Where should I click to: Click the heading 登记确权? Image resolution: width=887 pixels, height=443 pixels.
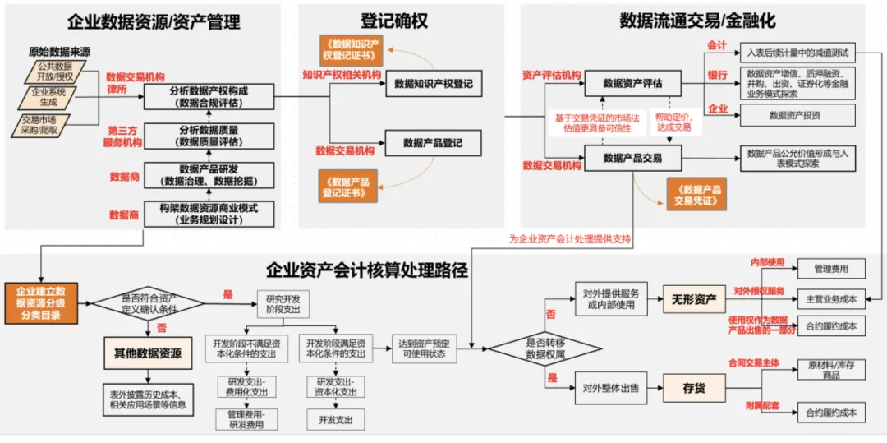(394, 21)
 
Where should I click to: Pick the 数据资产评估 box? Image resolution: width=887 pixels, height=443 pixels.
(632, 83)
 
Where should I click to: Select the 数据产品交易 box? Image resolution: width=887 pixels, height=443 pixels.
(632, 158)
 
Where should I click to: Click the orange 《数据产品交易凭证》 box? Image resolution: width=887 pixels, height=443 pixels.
(696, 194)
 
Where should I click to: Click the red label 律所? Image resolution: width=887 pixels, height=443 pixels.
(117, 89)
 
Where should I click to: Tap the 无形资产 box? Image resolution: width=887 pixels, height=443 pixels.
(693, 298)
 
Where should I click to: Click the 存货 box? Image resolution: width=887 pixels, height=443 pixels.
(693, 387)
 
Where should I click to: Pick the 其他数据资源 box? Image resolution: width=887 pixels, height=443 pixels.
(148, 353)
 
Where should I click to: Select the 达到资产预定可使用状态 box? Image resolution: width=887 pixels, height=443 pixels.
(425, 348)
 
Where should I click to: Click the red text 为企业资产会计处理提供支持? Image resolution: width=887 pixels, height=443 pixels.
(569, 239)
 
